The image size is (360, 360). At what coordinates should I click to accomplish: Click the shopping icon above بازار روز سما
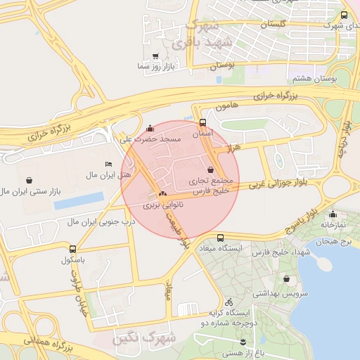coord(155,56)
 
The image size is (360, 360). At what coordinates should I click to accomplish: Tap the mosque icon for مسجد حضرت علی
coord(150,129)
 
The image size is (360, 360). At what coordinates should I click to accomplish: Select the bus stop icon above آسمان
coord(203,122)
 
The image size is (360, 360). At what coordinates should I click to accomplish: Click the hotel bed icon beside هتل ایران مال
coord(108,164)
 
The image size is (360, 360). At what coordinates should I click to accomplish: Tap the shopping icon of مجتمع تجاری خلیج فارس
coord(212,169)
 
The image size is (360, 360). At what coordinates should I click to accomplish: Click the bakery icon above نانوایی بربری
coord(163,193)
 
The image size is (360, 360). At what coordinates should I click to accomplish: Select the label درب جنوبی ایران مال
coord(100,222)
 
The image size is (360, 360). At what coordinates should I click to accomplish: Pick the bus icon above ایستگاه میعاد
coord(221,238)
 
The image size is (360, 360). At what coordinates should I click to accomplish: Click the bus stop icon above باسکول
coord(72,249)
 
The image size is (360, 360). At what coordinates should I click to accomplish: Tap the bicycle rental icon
coord(229,302)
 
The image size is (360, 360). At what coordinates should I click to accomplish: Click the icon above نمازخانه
coord(333,214)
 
